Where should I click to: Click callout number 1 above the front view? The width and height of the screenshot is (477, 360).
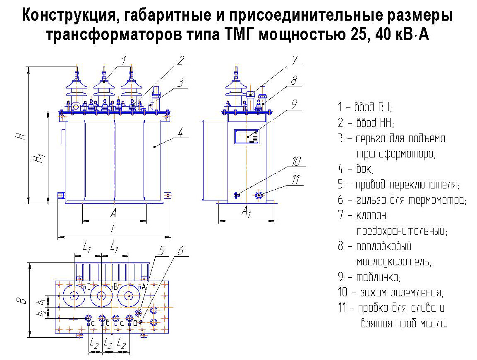coord(124,61)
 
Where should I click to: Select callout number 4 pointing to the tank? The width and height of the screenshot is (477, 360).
coord(180,132)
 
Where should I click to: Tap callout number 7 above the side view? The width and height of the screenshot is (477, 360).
coord(295,60)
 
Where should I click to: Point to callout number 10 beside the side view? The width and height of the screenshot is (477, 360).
coord(296,162)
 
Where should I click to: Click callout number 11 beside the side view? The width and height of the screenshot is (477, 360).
coord(296,179)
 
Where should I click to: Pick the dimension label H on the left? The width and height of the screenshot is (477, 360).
coord(20,135)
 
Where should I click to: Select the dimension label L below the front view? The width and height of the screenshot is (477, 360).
coord(113,229)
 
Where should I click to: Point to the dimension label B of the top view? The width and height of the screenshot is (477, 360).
coord(22,301)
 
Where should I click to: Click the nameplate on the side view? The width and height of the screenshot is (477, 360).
coord(247,136)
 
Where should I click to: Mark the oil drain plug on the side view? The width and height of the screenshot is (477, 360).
coord(259,195)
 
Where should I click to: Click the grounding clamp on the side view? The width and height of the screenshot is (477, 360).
coord(237,195)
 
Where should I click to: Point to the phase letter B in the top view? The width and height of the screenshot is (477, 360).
coord(115,286)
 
